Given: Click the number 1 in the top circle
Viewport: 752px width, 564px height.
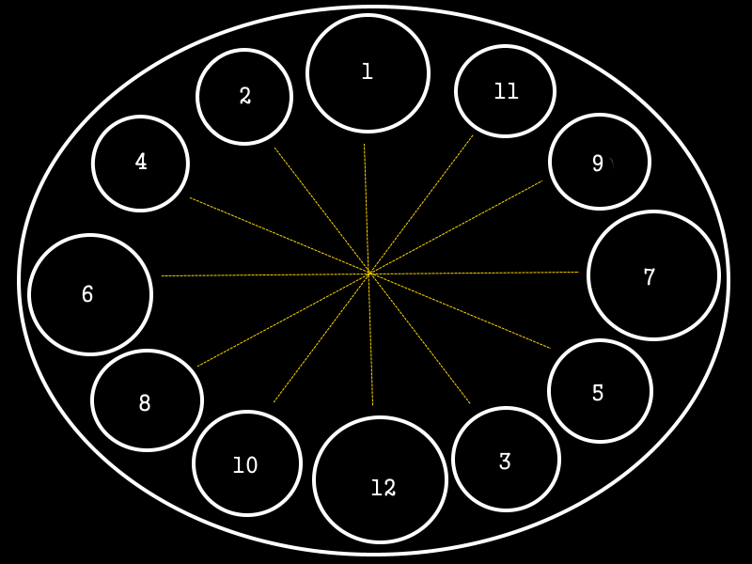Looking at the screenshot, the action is (368, 71).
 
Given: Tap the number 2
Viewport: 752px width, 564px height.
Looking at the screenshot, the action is (245, 96).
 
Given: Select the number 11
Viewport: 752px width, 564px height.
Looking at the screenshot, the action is (506, 91).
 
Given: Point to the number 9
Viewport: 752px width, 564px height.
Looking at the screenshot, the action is (598, 164).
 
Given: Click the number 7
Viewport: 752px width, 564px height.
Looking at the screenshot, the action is (649, 277).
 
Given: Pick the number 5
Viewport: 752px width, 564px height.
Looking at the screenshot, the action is (598, 393).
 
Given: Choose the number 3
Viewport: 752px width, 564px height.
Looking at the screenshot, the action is (505, 462).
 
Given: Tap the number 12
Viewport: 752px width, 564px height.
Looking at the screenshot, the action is (383, 488).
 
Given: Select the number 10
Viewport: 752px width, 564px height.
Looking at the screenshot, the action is (245, 465).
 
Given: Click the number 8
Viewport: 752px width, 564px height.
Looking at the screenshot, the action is (145, 403).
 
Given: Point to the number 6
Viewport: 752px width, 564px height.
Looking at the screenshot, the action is (87, 294).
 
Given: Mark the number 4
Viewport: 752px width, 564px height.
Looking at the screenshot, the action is (141, 162).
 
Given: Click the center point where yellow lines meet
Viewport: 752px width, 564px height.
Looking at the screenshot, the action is (369, 274).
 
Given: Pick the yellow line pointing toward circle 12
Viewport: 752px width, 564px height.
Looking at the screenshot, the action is (371, 348).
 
